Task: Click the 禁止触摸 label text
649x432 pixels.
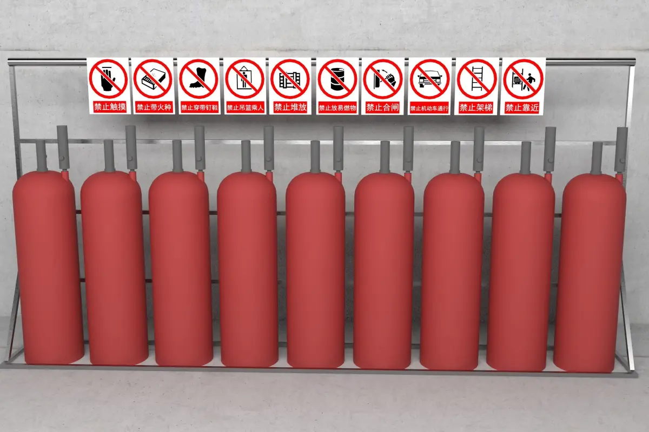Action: click(110, 107)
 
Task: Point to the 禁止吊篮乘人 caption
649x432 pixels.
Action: click(245, 108)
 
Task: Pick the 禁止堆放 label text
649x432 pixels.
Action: click(290, 107)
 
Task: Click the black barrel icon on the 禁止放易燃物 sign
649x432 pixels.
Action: click(337, 79)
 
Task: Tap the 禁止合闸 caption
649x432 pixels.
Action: click(382, 107)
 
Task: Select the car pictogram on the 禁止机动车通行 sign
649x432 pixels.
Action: click(429, 79)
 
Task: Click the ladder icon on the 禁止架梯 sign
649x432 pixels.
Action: click(476, 79)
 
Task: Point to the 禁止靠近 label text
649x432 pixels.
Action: click(522, 108)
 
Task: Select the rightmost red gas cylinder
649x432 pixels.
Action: click(589, 273)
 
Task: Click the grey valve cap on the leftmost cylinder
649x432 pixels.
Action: click(42, 156)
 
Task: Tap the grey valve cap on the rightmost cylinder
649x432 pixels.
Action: click(597, 158)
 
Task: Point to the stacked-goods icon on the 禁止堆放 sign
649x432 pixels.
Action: click(290, 79)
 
